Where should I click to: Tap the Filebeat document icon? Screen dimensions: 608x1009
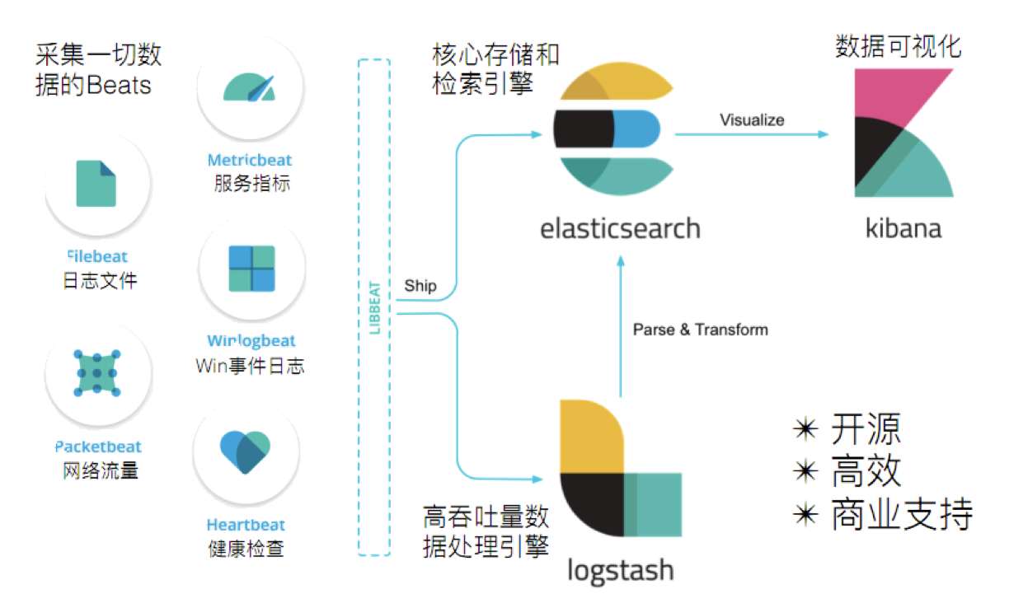pyautogui.click(x=96, y=184)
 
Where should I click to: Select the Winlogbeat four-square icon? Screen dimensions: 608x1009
pyautogui.click(x=251, y=269)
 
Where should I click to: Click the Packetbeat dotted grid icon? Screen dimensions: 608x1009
pyautogui.click(x=97, y=374)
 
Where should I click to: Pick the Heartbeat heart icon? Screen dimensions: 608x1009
pyautogui.click(x=246, y=452)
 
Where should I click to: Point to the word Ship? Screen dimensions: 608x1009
pyautogui.click(x=420, y=287)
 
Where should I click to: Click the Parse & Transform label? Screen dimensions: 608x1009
pyautogui.click(x=700, y=330)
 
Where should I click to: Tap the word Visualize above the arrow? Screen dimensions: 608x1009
pyautogui.click(x=751, y=120)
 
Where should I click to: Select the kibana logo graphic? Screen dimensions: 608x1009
pyautogui.click(x=903, y=133)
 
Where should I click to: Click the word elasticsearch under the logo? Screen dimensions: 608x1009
pyautogui.click(x=620, y=227)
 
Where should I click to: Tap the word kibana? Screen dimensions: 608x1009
pyautogui.click(x=903, y=227)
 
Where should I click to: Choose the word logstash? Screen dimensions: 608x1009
pyautogui.click(x=620, y=570)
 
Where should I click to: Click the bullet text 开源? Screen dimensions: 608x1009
pyautogui.click(x=865, y=429)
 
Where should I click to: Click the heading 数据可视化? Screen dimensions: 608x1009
pyautogui.click(x=898, y=46)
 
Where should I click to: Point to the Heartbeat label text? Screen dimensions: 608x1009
pyautogui.click(x=246, y=525)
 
